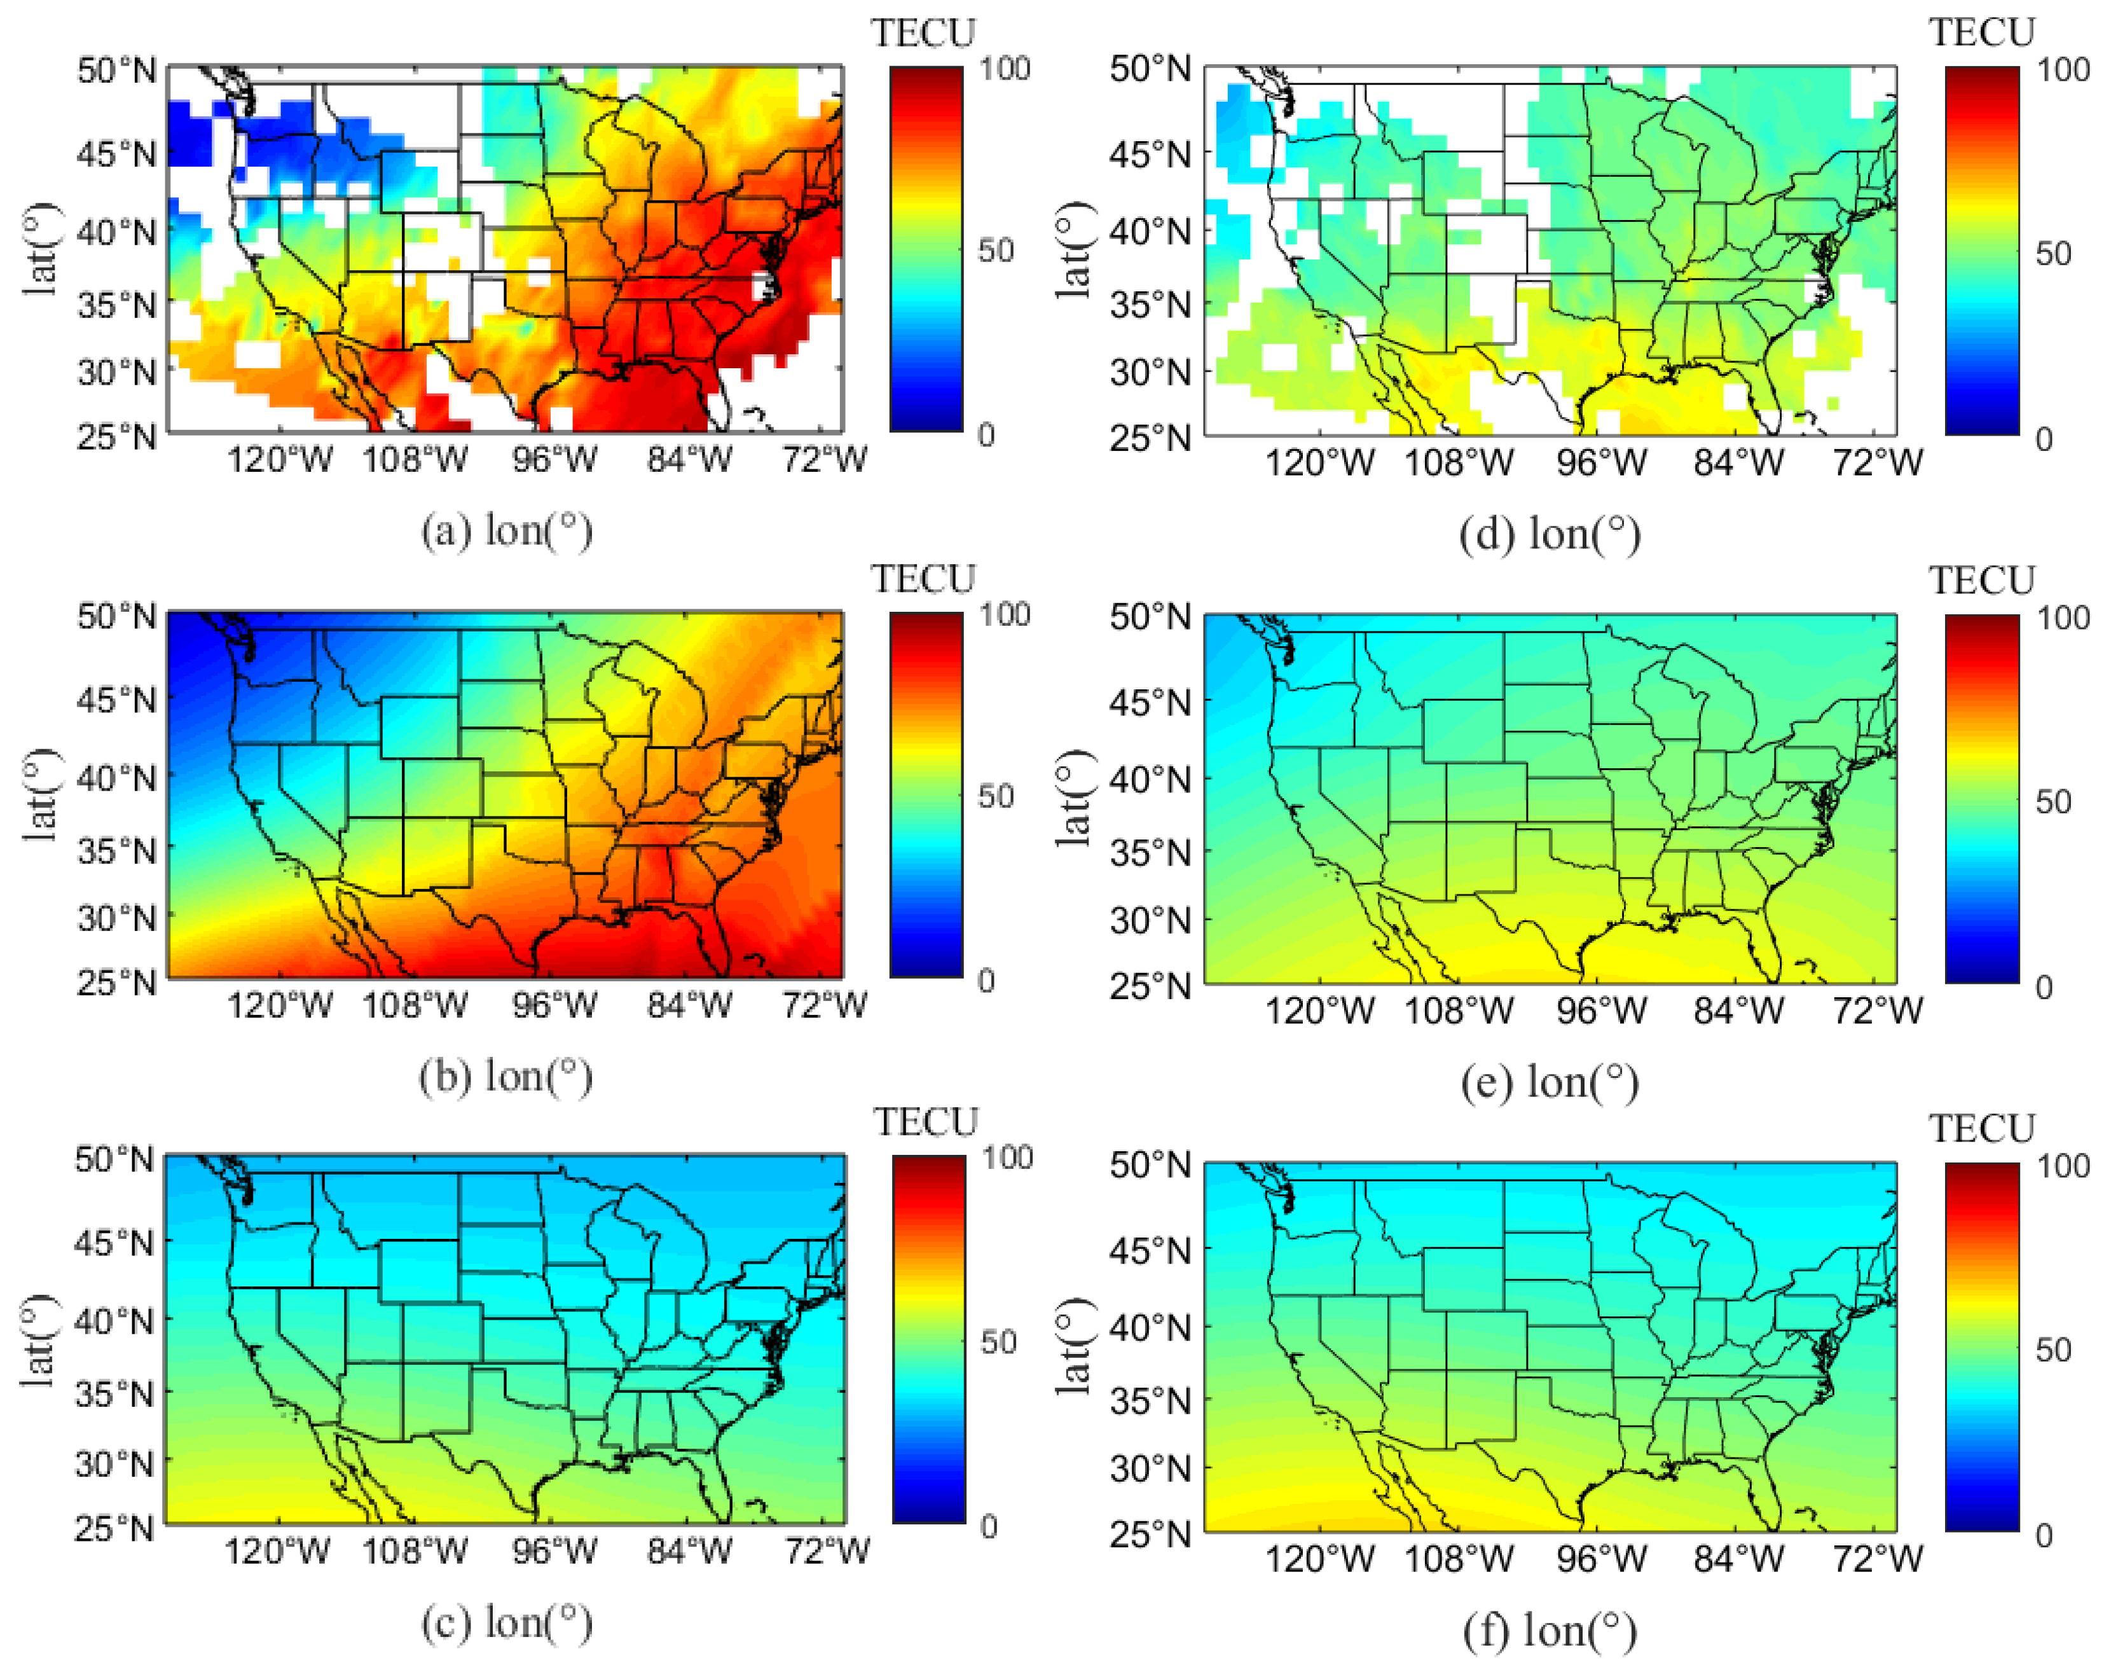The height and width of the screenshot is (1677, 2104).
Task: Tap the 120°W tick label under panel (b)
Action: tap(279, 1005)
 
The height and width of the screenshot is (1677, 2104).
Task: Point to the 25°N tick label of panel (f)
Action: tap(1150, 1535)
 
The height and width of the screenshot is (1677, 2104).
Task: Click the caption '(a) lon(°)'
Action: tap(507, 532)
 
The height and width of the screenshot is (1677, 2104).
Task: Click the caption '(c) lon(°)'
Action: tap(507, 1625)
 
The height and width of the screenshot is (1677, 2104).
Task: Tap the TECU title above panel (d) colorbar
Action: tap(1981, 32)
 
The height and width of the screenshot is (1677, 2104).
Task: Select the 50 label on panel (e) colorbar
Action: tap(2052, 803)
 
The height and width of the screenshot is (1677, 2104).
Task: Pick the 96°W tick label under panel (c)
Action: tap(554, 1552)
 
